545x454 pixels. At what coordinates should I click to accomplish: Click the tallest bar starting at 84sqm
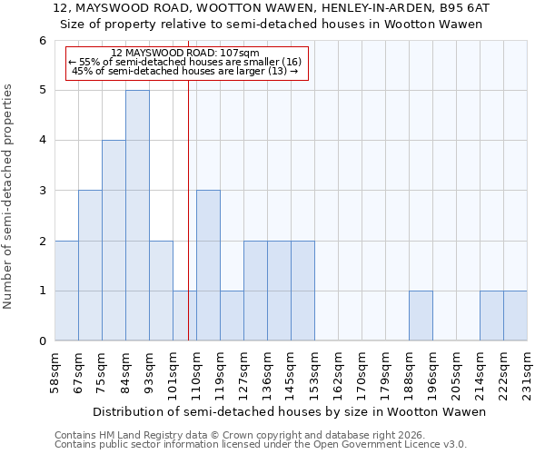137,215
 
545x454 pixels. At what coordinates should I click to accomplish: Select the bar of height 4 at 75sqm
114,241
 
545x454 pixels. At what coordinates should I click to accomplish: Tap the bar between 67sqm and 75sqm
90,265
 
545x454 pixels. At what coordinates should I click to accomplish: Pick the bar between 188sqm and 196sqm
421,316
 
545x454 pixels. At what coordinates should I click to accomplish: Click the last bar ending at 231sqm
515,316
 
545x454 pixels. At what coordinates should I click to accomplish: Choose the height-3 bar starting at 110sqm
208,265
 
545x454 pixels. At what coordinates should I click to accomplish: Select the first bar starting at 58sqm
66,291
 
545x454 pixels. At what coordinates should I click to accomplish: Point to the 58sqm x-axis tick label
55,372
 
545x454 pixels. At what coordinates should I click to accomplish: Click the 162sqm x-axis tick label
339,372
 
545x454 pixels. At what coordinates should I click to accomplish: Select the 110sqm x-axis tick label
197,372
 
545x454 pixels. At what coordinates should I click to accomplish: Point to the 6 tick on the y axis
42,41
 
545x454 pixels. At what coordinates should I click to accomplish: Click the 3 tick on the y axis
42,191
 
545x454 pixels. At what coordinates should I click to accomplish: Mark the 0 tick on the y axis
42,341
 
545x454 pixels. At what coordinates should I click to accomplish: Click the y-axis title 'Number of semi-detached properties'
9,196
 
